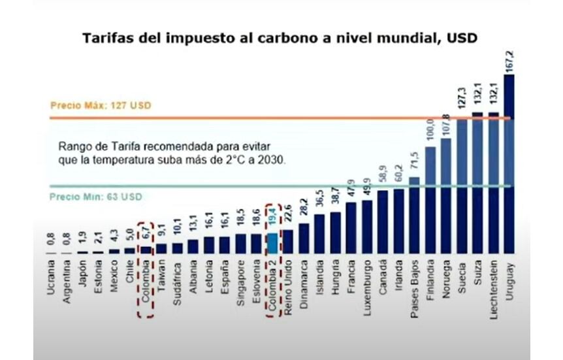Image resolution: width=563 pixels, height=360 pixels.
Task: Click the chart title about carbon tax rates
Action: click(280, 39)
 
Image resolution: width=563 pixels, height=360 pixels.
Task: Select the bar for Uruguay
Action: click(509, 163)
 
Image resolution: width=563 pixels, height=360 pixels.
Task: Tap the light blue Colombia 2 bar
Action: click(272, 242)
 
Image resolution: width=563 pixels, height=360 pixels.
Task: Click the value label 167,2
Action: click(509, 60)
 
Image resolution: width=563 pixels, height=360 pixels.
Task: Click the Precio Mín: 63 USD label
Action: click(96, 196)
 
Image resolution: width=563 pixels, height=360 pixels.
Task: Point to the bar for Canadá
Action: click(383, 221)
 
